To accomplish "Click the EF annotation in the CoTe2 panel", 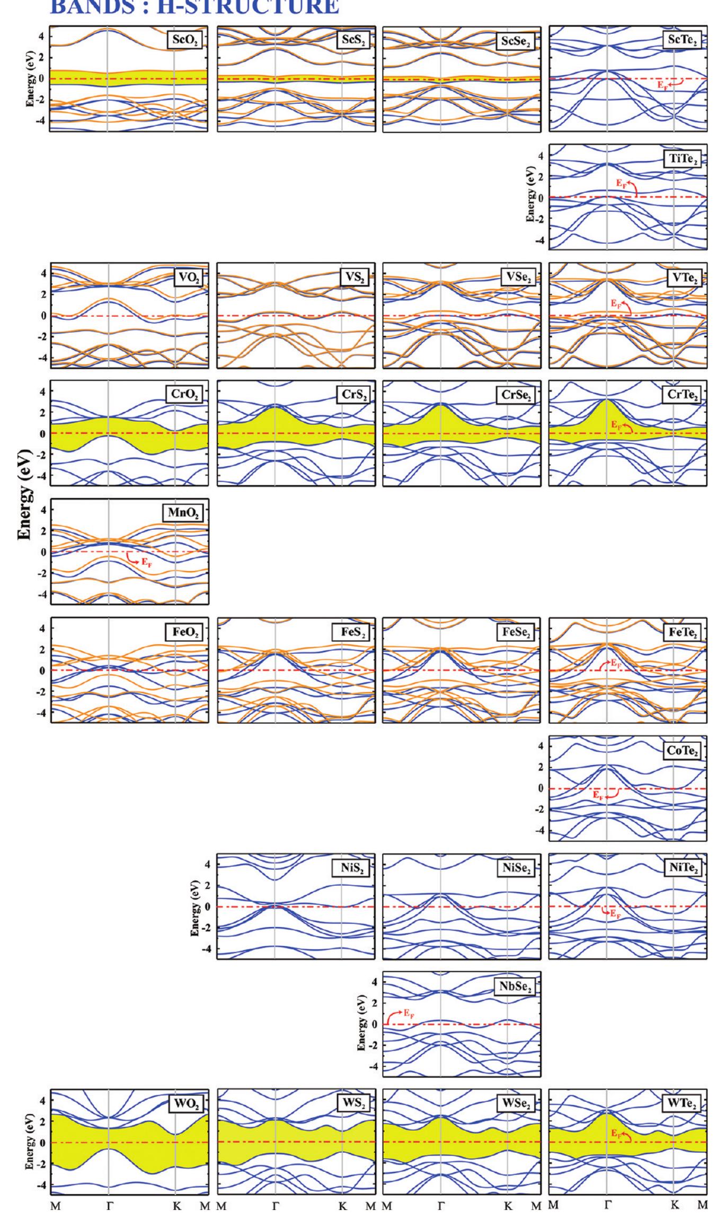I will point(597,796).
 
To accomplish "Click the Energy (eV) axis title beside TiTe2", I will point(530,197).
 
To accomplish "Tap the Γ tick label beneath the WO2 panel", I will point(109,1204).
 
